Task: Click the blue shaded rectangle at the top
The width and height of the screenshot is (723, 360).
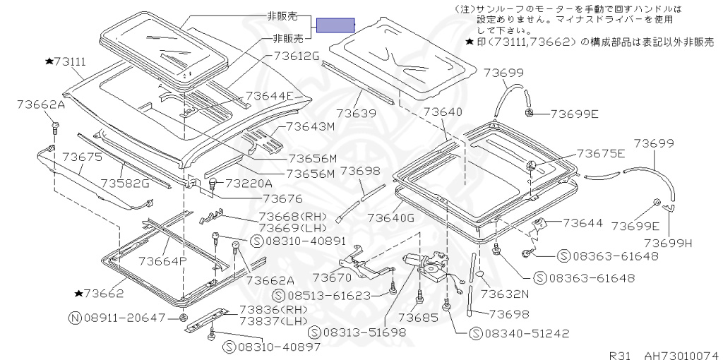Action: (335, 25)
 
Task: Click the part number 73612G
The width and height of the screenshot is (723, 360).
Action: (294, 55)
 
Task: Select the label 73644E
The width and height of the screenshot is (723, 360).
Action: (269, 96)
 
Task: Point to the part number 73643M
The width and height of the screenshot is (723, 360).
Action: (310, 127)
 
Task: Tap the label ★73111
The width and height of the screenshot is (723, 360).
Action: (65, 62)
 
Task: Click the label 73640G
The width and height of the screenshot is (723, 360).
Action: (390, 217)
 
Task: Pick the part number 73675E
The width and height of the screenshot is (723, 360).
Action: (601, 153)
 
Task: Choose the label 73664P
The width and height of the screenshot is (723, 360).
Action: (162, 261)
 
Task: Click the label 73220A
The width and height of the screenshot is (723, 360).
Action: (249, 184)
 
